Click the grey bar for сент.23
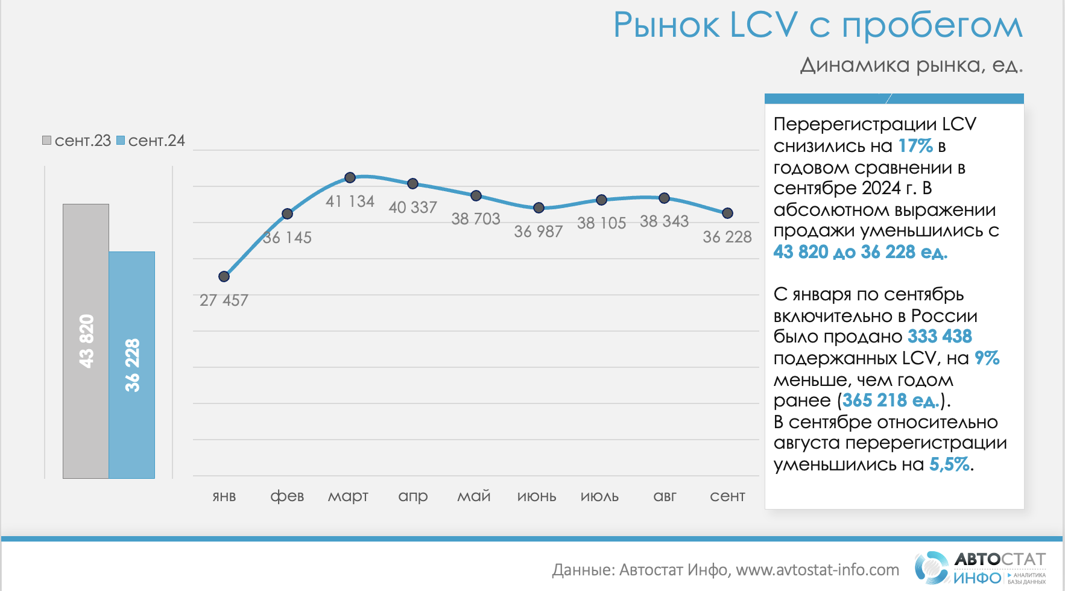[86, 341]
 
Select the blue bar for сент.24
[131, 365]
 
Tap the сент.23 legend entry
[77, 141]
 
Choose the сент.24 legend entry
[151, 141]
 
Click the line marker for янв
[224, 276]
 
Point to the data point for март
[350, 177]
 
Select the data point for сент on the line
[727, 213]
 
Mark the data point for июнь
[539, 207]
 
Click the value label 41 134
[350, 201]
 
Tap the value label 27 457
[224, 300]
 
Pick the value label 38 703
[476, 219]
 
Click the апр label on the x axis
[413, 496]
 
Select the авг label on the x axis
[665, 496]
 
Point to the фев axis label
[287, 496]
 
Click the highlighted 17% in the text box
[915, 146]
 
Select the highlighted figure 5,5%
[950, 464]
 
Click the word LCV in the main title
[763, 25]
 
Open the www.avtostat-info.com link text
[817, 570]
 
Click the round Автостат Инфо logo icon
[932, 567]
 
